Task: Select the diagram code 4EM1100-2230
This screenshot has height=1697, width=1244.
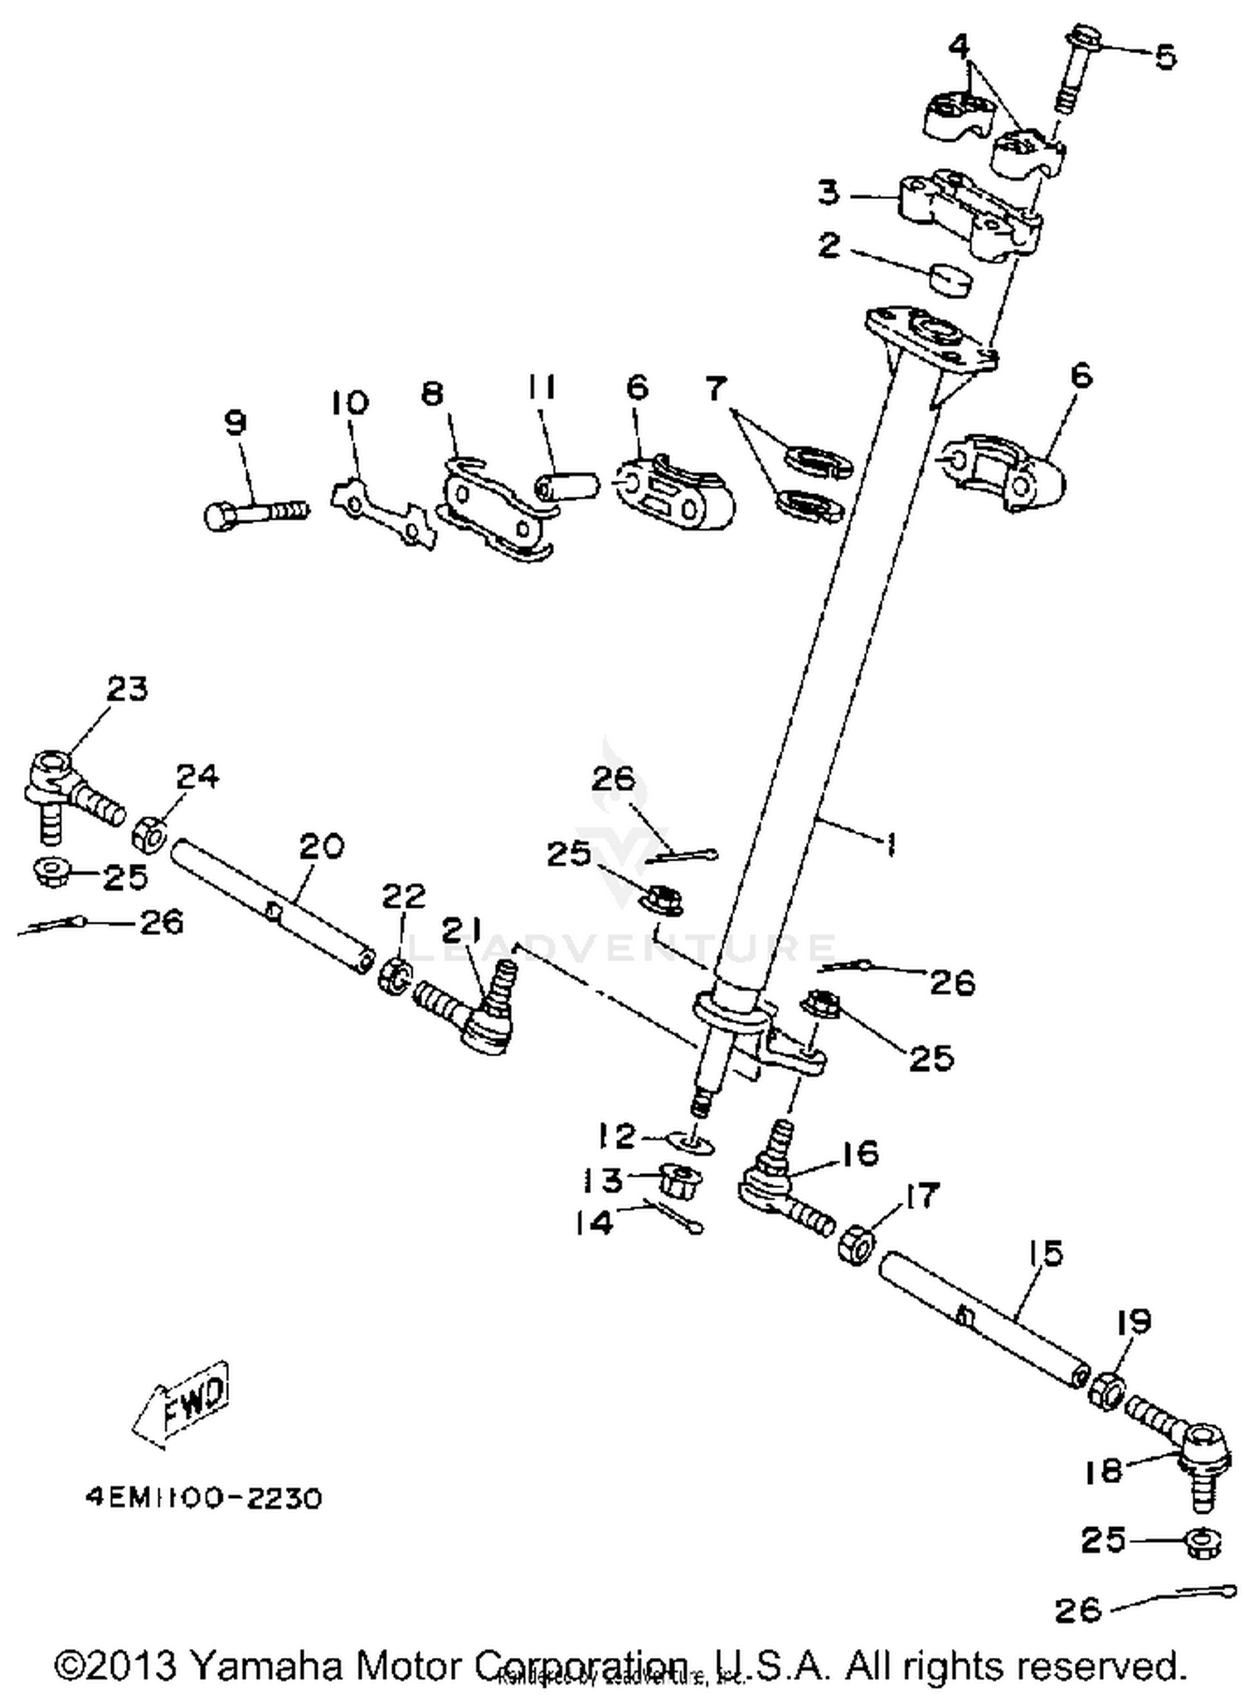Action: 203,1498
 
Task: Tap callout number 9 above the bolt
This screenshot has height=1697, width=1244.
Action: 236,424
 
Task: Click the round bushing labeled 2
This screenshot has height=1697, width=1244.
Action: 950,279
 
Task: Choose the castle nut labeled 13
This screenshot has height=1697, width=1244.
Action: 680,1179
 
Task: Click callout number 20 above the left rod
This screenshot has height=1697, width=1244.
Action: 320,846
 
